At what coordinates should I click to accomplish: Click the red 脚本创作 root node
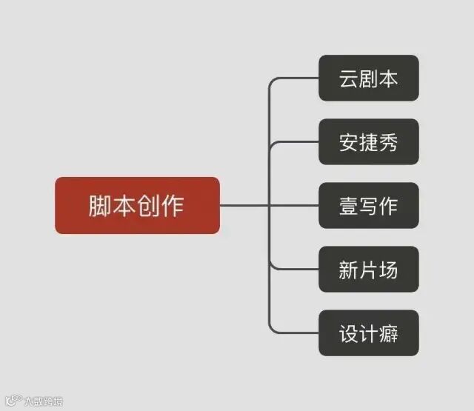coord(137,205)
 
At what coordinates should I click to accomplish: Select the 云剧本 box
coord(368,78)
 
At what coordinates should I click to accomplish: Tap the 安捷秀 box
coord(368,141)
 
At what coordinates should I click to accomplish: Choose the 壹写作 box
coord(368,205)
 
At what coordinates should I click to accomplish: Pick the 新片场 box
coord(368,269)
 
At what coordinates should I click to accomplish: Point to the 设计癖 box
coord(368,333)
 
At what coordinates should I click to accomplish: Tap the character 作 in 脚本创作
coord(173,205)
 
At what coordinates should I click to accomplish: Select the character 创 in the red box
coord(148,205)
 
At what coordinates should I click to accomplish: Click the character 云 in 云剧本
coord(349,78)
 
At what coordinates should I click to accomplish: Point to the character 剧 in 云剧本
coord(368,78)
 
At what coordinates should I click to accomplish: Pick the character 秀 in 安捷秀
coord(388,141)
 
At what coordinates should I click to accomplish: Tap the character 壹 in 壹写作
coord(349,205)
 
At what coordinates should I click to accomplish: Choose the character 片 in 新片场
coord(368,269)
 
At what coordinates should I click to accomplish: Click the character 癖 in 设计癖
coord(388,333)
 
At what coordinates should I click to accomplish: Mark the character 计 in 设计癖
coord(368,333)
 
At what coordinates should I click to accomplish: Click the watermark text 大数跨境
coord(42,402)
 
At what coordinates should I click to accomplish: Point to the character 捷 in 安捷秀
coord(368,141)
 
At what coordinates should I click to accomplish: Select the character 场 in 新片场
coord(388,269)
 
